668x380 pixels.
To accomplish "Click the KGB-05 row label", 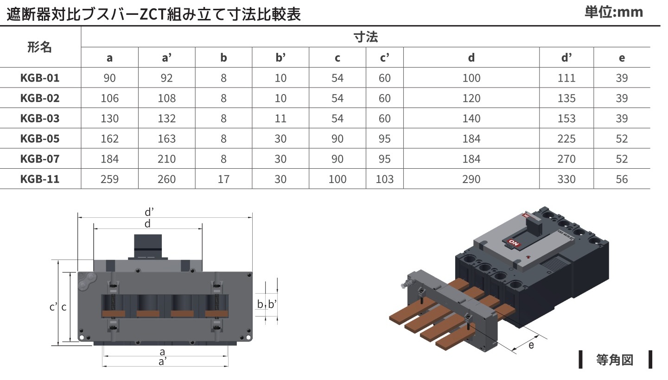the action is pyautogui.click(x=40, y=139).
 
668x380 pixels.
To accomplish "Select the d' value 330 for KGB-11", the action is pyautogui.click(x=566, y=179).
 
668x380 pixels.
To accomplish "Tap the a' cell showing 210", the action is pyautogui.click(x=166, y=159).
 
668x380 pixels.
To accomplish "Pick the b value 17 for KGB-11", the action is pyautogui.click(x=223, y=179).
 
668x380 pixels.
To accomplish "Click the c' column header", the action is pyautogui.click(x=384, y=57).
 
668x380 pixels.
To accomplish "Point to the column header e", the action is pyautogui.click(x=622, y=58).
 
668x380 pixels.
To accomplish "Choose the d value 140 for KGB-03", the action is pyautogui.click(x=471, y=118).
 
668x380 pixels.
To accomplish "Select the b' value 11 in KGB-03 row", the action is pyautogui.click(x=280, y=118).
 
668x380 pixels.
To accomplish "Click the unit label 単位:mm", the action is pyautogui.click(x=613, y=12).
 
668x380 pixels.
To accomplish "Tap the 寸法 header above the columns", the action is pyautogui.click(x=366, y=37).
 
